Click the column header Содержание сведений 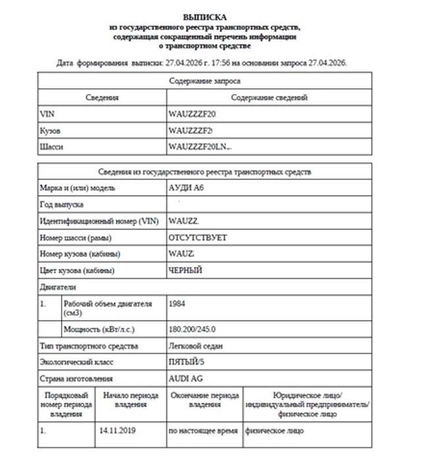(x=270, y=97)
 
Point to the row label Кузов (x=51, y=131)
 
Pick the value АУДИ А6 (x=187, y=188)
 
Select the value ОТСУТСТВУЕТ (x=197, y=238)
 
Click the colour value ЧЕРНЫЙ (x=186, y=271)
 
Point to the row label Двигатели (x=58, y=287)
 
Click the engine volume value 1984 (x=178, y=304)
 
